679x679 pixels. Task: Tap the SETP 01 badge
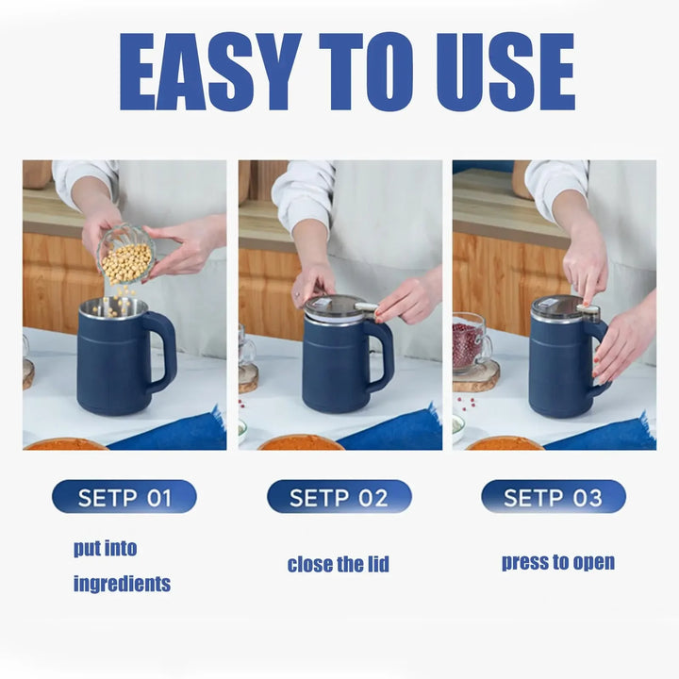(x=124, y=497)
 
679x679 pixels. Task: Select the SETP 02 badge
(x=339, y=497)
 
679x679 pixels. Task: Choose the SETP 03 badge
(x=553, y=497)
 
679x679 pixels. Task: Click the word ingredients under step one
(x=122, y=584)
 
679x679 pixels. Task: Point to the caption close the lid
(x=338, y=565)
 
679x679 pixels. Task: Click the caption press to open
(x=557, y=563)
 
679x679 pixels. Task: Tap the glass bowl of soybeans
(x=126, y=255)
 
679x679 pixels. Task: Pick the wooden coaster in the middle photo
(x=248, y=377)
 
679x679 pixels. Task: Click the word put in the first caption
(x=92, y=548)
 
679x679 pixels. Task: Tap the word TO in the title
(x=354, y=73)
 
